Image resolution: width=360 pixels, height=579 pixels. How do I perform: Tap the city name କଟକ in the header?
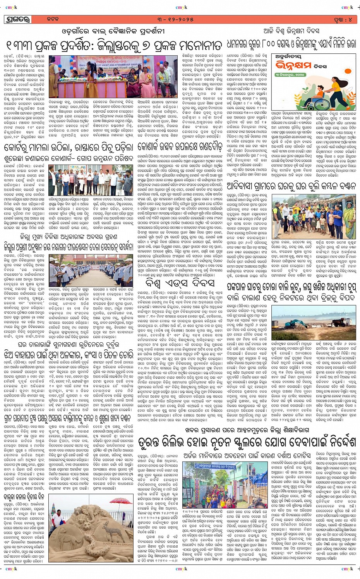tap(53, 19)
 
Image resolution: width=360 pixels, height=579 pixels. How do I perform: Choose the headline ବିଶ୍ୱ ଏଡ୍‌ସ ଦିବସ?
tap(182, 282)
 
